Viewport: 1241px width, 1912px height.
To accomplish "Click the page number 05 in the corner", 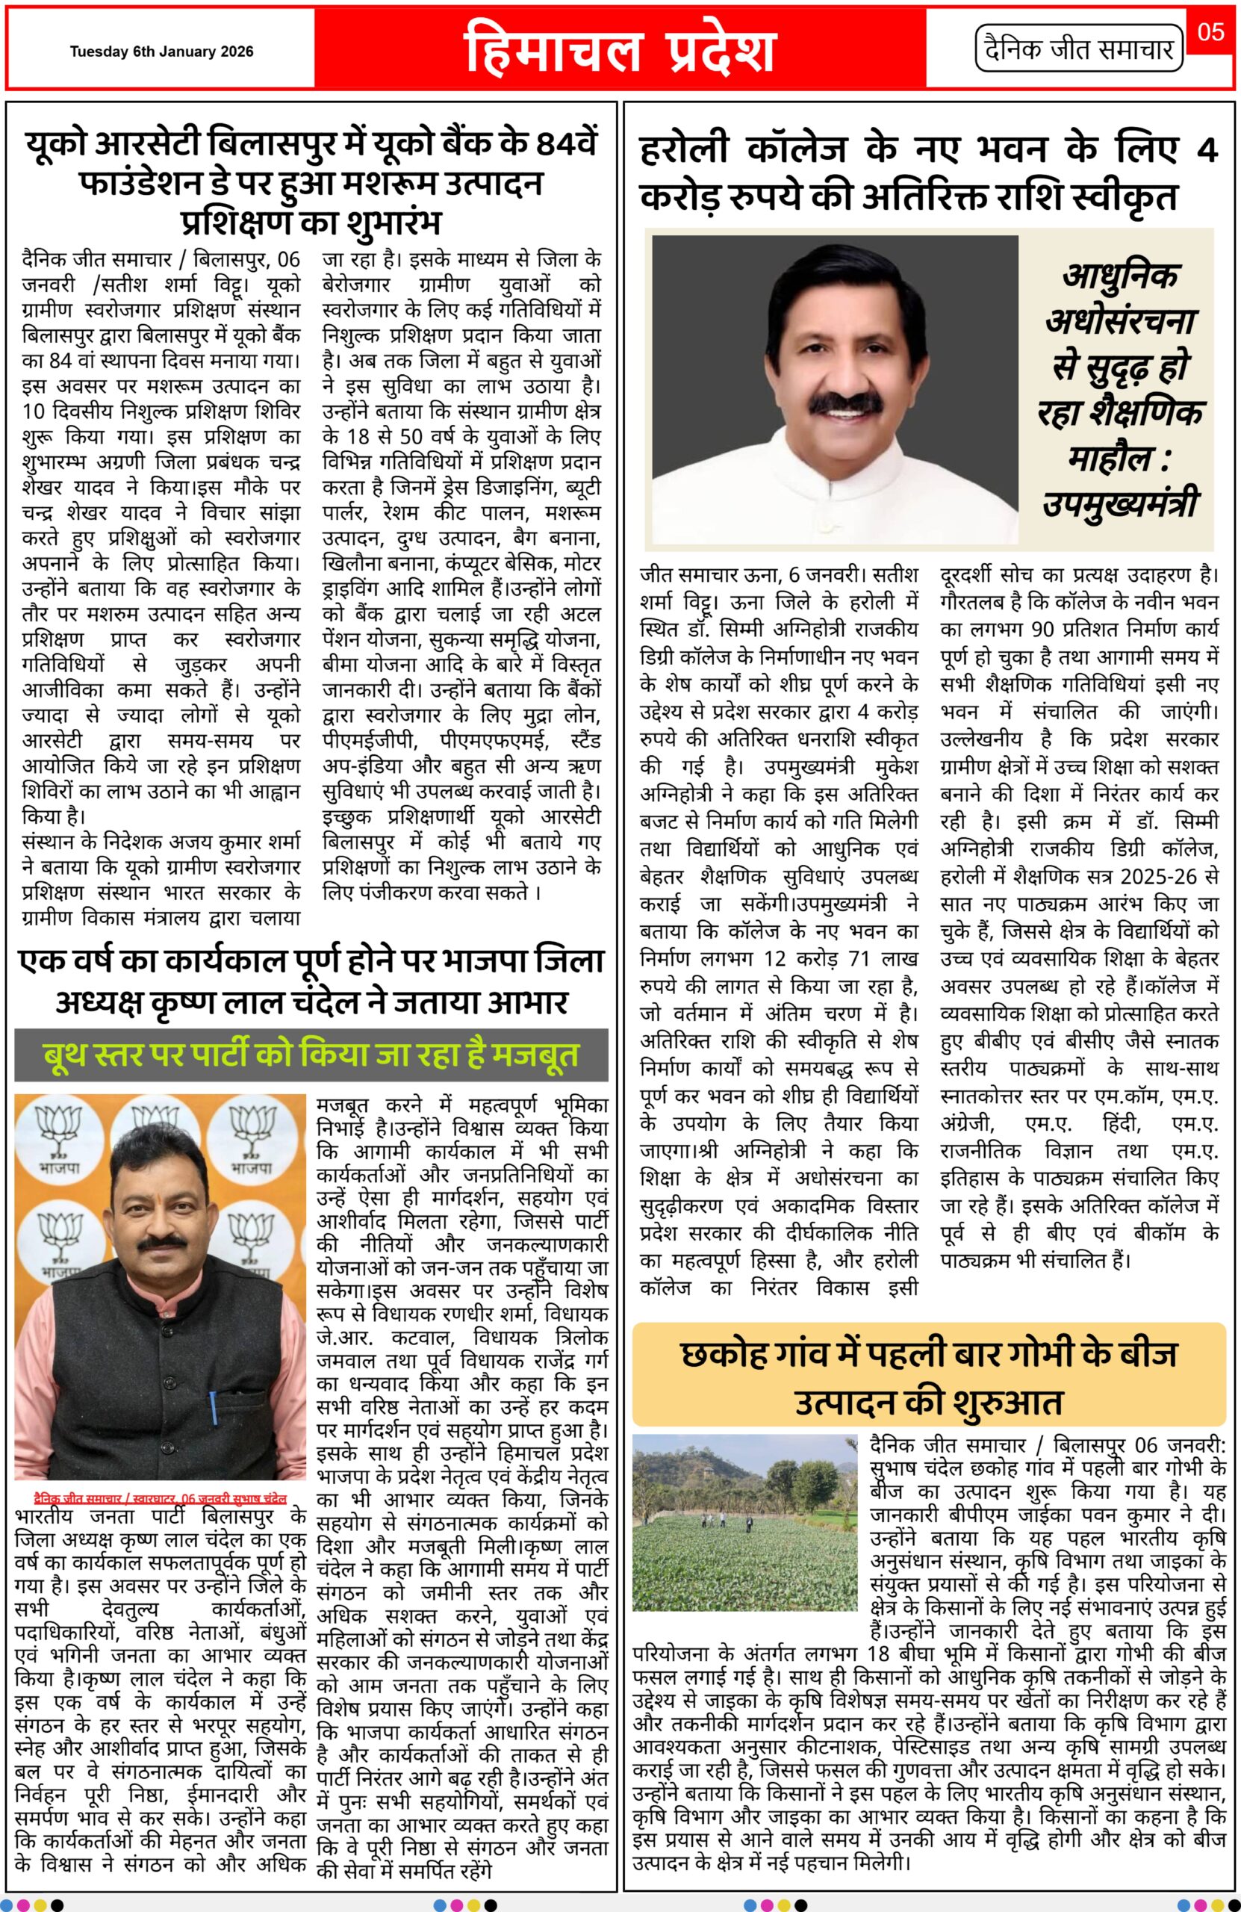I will [1210, 31].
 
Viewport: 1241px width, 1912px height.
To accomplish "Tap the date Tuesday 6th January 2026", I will [161, 52].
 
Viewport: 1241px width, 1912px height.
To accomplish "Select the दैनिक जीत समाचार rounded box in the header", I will [1080, 50].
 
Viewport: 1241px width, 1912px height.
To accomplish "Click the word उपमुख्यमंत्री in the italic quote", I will [1121, 504].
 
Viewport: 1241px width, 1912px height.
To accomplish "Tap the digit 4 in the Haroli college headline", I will [1206, 150].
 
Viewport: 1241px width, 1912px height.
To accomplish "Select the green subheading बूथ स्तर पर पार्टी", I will [311, 1055].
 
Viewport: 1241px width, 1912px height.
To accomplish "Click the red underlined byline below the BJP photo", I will [160, 1498].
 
